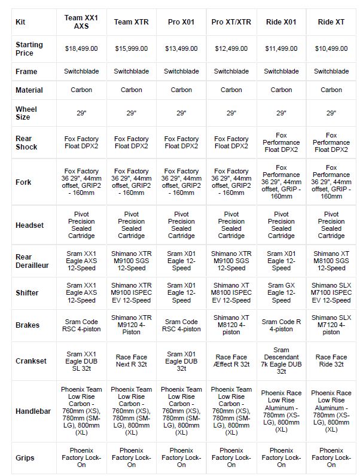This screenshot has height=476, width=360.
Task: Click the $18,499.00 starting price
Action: [81, 48]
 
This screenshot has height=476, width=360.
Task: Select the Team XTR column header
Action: [132, 22]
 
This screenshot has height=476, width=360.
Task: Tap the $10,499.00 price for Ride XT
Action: [331, 48]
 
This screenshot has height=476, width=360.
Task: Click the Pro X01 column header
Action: [181, 22]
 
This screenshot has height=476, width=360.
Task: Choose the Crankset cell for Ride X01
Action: [281, 361]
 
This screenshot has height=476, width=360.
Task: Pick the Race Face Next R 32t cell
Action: [132, 361]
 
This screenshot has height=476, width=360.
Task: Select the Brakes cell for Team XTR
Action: [132, 325]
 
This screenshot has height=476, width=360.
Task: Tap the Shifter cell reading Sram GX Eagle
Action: [281, 292]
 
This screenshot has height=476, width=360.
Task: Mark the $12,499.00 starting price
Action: [231, 48]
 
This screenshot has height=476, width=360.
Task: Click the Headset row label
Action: [29, 225]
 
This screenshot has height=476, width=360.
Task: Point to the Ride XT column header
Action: [331, 22]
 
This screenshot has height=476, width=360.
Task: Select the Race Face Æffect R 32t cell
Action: [231, 361]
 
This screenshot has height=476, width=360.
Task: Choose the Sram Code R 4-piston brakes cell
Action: [281, 325]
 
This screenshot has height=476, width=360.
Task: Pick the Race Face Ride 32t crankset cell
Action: [331, 361]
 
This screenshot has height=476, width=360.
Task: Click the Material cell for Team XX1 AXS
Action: [81, 90]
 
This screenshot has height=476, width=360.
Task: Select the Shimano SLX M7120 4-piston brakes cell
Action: [331, 325]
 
